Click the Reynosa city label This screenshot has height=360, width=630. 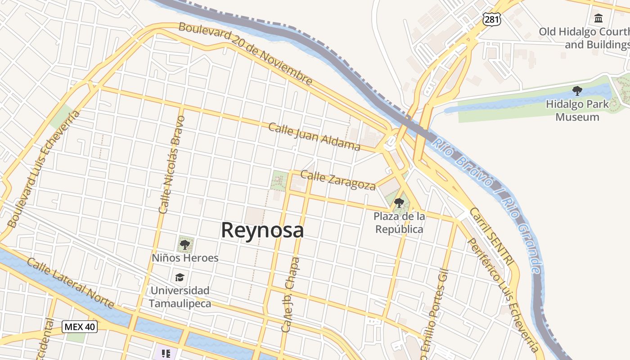(x=262, y=230)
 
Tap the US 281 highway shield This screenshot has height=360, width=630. (x=491, y=19)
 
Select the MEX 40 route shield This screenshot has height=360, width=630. (x=80, y=327)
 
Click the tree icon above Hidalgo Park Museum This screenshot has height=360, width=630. (x=577, y=90)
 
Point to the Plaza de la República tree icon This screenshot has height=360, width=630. (x=399, y=202)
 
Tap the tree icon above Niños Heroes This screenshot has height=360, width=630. (x=184, y=245)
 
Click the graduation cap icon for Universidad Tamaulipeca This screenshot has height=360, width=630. (x=180, y=277)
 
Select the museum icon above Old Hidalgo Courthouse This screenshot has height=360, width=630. (x=598, y=18)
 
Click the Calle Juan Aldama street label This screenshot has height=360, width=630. (x=314, y=136)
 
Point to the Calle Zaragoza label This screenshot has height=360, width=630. (x=337, y=180)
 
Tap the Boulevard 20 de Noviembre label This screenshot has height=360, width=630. (x=245, y=53)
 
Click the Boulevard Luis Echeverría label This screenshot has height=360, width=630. (x=44, y=168)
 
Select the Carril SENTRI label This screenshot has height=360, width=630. (x=491, y=235)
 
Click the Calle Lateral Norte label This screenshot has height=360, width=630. (x=71, y=283)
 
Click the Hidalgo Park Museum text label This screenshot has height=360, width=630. (x=577, y=111)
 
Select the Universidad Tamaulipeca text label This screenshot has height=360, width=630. (x=180, y=297)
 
